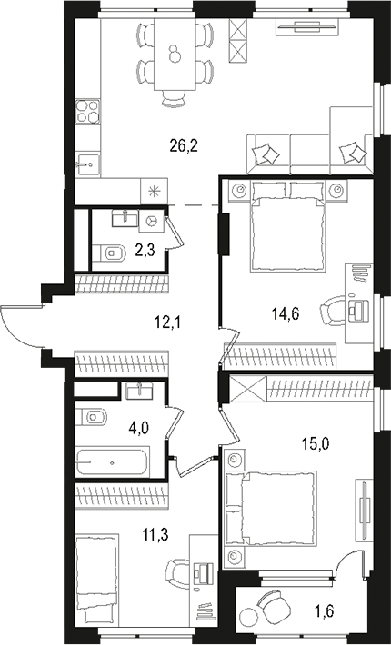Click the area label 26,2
[186, 143]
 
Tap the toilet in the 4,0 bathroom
[93, 418]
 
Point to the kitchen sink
[87, 164]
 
